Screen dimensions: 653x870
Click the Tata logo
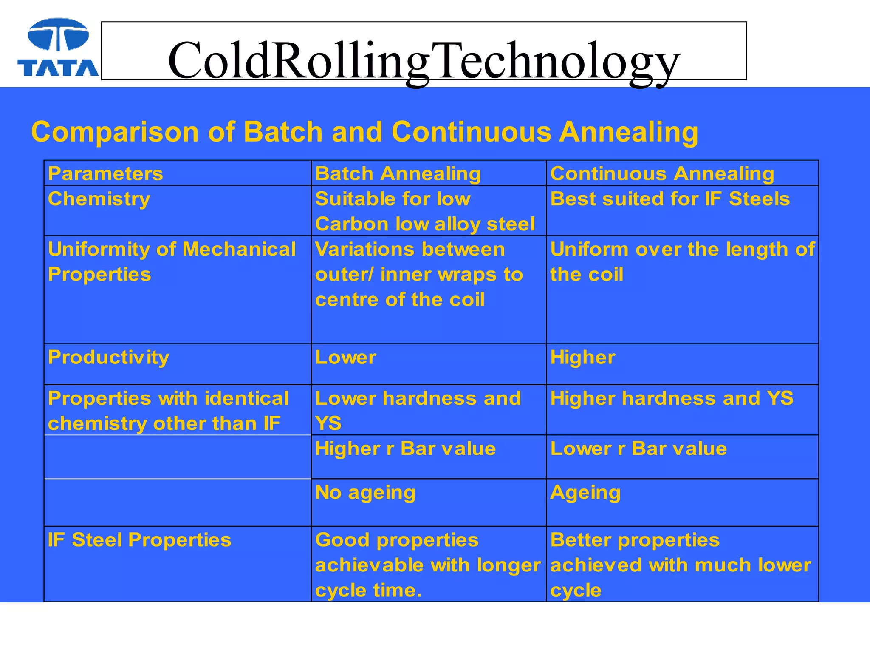(x=58, y=48)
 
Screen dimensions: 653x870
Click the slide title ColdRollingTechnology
(x=424, y=61)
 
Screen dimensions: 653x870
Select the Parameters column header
(x=105, y=174)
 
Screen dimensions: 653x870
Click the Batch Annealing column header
(x=398, y=174)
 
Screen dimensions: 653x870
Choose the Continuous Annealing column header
(x=662, y=174)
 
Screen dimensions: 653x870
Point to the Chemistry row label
(x=99, y=199)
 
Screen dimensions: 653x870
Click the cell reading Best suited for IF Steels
(x=670, y=199)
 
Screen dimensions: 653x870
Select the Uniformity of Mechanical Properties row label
(x=172, y=261)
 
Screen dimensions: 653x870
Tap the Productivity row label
(x=108, y=358)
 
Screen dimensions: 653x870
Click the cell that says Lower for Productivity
(x=345, y=358)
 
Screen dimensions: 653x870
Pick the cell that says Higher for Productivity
(x=582, y=358)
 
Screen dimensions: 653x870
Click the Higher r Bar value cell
(x=405, y=449)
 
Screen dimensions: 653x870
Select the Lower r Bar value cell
(x=638, y=449)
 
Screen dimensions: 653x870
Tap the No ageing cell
(x=365, y=493)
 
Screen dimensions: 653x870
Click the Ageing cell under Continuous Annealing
(x=585, y=493)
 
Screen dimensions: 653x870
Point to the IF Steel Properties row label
(x=139, y=540)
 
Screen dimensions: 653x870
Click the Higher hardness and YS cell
(x=671, y=399)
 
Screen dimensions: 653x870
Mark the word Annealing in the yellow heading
(x=628, y=132)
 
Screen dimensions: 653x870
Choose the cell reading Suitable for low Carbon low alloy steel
(x=425, y=211)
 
